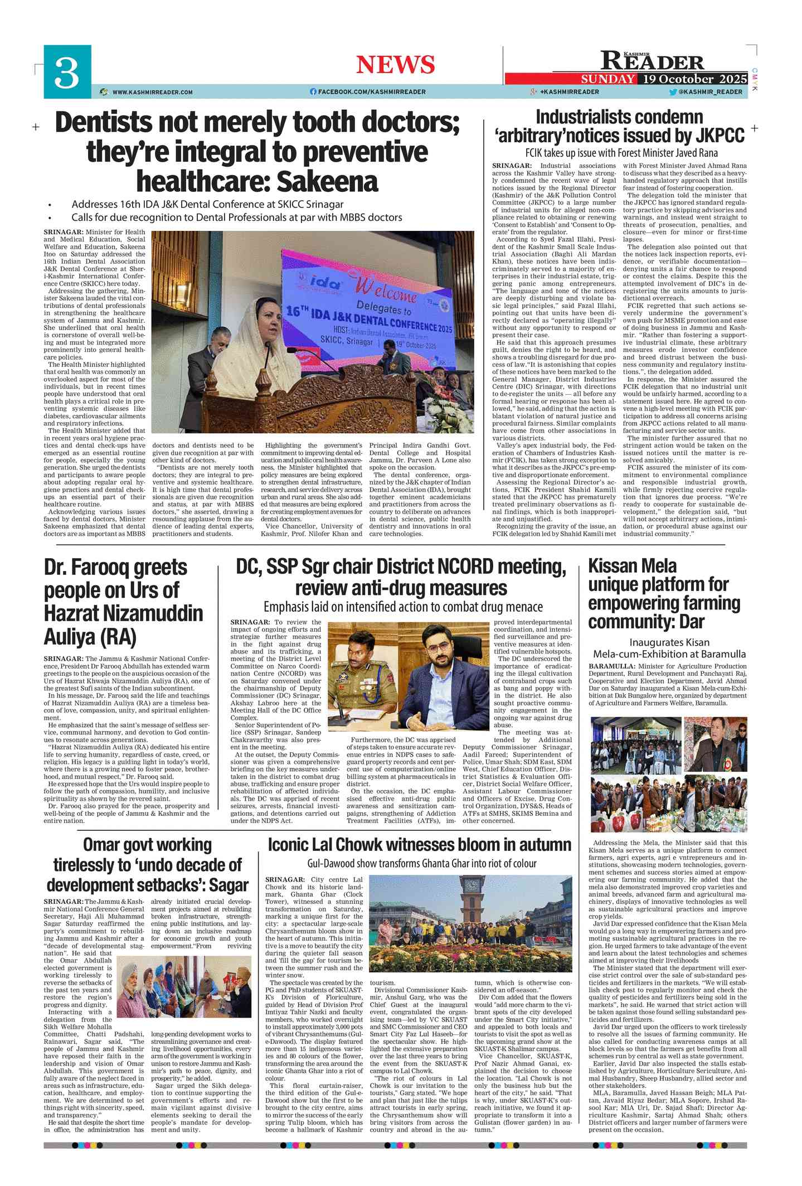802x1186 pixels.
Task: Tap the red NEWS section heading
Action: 395,65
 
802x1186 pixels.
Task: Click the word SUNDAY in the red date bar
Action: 607,79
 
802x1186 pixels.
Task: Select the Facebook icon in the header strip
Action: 313,91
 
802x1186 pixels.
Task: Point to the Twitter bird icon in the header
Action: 673,92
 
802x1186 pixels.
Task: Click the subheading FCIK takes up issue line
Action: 621,153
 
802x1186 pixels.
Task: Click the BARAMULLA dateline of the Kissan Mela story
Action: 611,666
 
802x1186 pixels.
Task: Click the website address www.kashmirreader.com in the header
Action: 152,92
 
